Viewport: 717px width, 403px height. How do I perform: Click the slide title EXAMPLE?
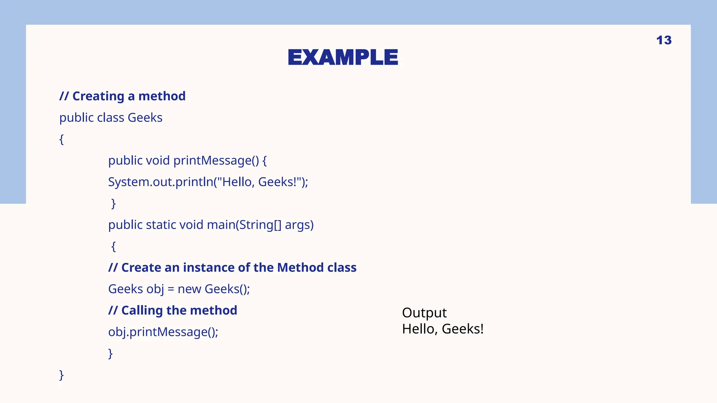point(343,57)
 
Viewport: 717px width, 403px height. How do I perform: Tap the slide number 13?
point(664,40)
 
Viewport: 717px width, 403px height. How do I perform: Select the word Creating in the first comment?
point(98,96)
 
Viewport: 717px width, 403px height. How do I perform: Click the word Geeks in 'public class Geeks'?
point(145,118)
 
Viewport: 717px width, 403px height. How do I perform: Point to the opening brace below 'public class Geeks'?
point(62,139)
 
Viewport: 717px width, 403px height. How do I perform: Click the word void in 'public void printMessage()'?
point(158,161)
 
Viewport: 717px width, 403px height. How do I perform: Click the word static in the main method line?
point(161,225)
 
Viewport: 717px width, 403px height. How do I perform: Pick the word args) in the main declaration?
point(299,225)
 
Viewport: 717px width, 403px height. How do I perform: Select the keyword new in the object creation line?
point(189,289)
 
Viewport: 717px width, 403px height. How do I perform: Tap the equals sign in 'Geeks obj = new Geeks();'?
point(171,289)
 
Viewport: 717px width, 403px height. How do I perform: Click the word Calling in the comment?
point(142,310)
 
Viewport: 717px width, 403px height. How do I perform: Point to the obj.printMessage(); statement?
point(163,332)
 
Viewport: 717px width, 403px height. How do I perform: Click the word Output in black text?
point(424,313)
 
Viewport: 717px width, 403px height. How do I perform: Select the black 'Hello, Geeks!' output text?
point(443,329)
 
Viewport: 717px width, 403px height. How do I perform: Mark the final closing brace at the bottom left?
point(62,375)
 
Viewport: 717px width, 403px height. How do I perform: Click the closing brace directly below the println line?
point(113,203)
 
